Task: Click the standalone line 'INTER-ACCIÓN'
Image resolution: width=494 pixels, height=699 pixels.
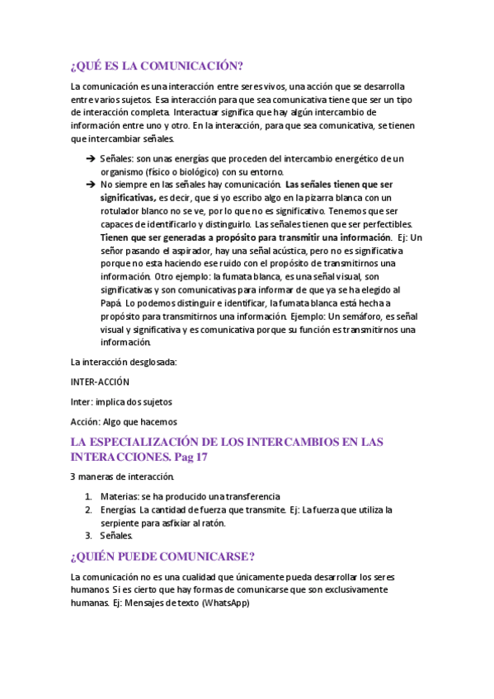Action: pos(100,382)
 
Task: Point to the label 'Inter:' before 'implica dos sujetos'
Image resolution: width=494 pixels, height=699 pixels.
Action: pos(82,401)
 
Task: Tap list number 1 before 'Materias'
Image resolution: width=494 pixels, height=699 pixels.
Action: pos(88,496)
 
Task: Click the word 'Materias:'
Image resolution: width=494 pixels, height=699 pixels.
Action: pos(118,496)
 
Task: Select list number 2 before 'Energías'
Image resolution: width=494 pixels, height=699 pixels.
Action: pos(88,509)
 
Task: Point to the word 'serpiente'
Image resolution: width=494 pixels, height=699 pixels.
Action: pos(121,523)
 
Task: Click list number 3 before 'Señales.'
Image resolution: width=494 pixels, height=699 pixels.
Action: pos(88,536)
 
